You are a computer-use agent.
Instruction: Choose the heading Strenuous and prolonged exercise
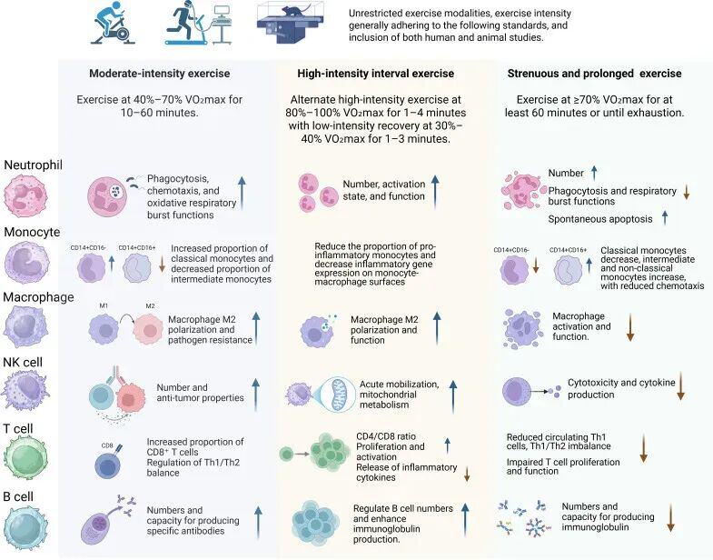[x=606, y=73]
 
